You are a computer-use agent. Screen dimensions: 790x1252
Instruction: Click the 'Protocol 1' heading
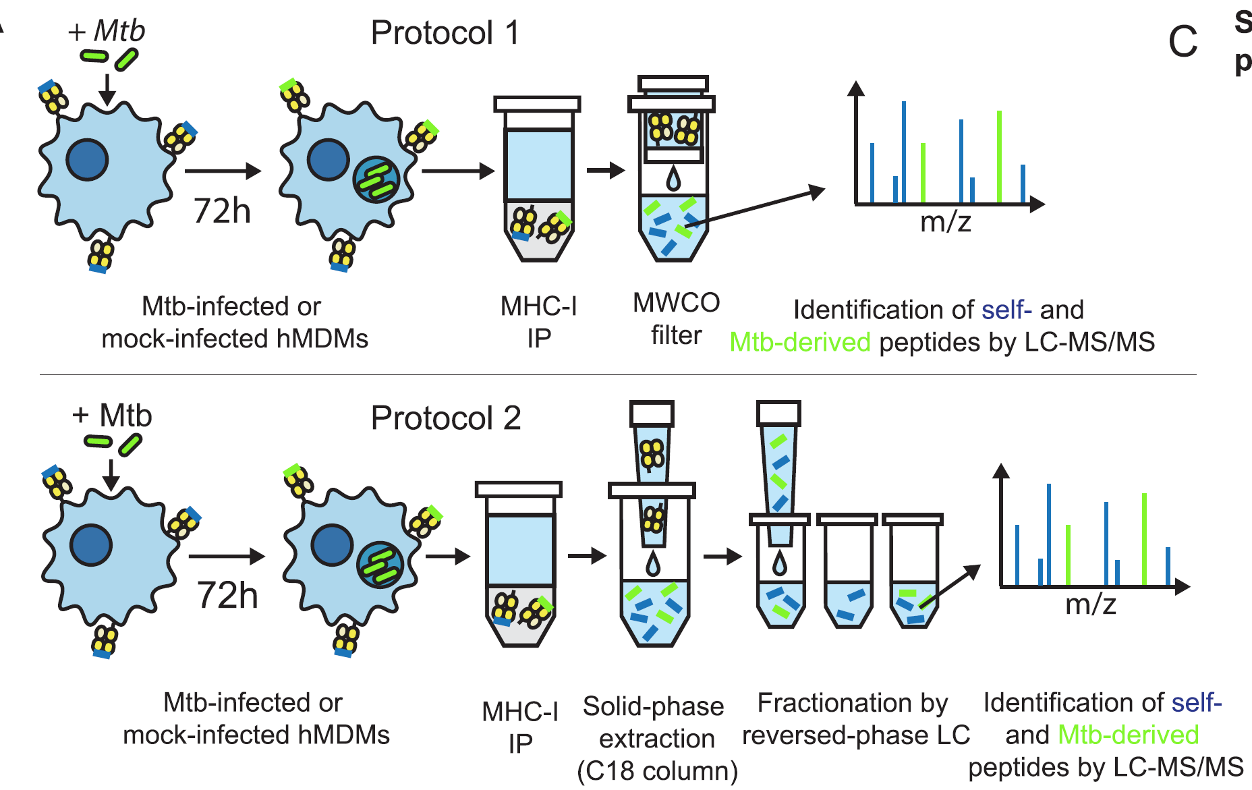click(x=445, y=32)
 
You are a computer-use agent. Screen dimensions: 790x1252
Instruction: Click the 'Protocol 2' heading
click(x=446, y=418)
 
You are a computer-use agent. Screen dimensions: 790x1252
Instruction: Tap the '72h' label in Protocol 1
click(x=222, y=210)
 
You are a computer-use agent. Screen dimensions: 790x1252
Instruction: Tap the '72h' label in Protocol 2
click(x=227, y=595)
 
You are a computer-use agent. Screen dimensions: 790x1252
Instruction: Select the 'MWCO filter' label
click(x=676, y=318)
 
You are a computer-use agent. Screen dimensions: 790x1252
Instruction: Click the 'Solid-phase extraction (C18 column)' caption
click(x=657, y=738)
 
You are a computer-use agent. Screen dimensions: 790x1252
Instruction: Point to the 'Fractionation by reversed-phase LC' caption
click(x=855, y=718)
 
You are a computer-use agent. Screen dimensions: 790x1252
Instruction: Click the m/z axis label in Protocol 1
click(x=946, y=221)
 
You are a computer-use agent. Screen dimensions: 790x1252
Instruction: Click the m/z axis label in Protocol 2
click(x=1091, y=604)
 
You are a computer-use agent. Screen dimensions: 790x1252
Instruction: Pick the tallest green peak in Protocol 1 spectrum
click(x=999, y=157)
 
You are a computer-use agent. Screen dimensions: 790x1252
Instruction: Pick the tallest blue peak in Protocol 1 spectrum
click(x=903, y=152)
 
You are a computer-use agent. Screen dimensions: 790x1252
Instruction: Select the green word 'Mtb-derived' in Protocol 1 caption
click(x=800, y=342)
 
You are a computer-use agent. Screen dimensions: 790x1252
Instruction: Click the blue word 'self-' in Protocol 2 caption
click(x=1196, y=702)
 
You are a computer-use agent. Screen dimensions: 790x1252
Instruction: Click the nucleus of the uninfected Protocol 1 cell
click(x=88, y=160)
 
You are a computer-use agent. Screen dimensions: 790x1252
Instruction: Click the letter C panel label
click(x=1183, y=42)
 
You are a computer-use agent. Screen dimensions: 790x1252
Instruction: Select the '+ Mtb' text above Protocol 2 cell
click(x=112, y=415)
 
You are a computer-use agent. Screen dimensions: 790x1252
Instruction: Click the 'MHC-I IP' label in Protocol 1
click(x=538, y=322)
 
